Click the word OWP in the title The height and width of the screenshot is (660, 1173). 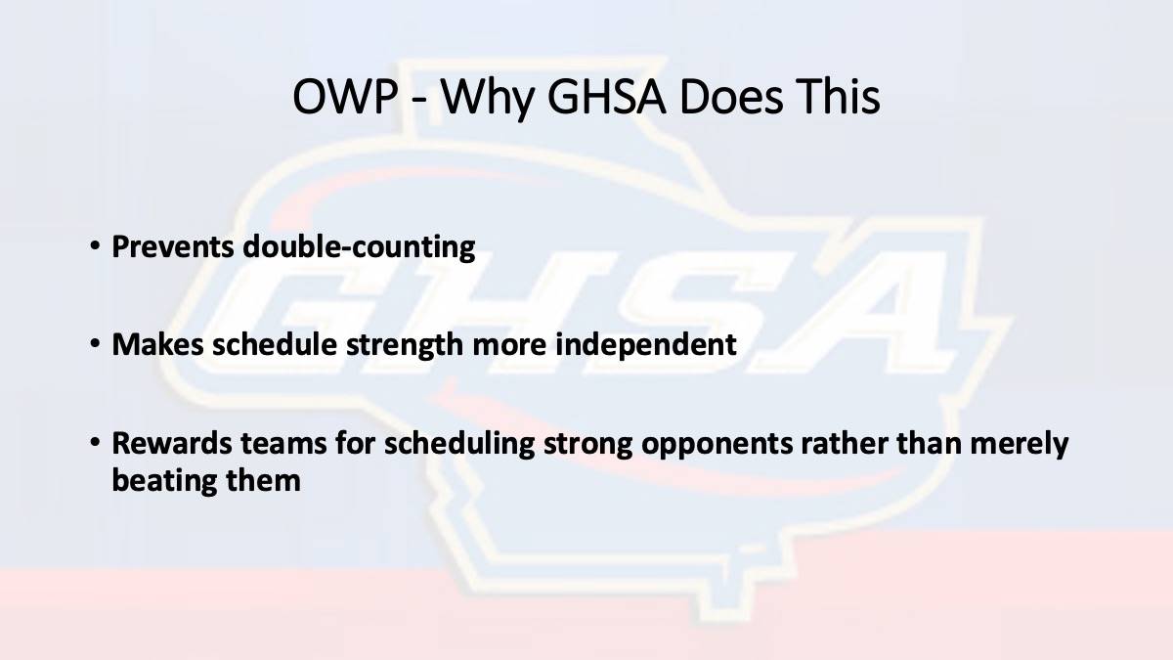tap(344, 97)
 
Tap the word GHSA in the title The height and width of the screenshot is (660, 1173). tap(607, 97)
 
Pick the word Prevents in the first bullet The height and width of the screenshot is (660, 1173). tap(173, 246)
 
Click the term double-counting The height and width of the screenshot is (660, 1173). tap(360, 246)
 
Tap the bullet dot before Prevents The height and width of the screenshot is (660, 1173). tap(95, 245)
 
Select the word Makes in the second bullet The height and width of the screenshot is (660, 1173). tap(157, 344)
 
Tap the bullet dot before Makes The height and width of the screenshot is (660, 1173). tap(95, 343)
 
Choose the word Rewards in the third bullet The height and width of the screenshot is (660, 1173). tap(172, 443)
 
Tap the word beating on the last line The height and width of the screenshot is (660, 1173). tap(164, 481)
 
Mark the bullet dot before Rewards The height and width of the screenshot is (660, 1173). tap(95, 442)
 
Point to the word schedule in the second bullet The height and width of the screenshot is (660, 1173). tap(274, 344)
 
